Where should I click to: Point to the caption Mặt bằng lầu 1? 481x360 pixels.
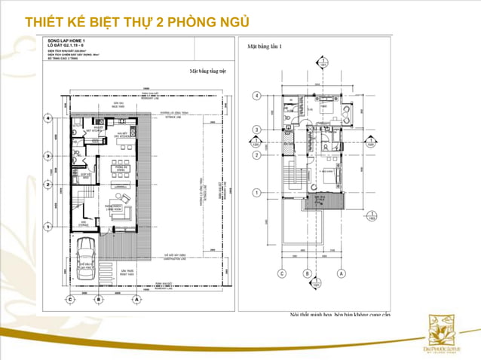click(265, 47)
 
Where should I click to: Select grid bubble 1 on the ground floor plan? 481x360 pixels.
click(47, 224)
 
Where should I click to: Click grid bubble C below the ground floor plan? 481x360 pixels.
click(70, 299)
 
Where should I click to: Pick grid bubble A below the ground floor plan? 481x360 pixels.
click(136, 299)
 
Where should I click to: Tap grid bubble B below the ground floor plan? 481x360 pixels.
click(98, 299)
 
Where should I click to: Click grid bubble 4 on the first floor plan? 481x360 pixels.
click(257, 96)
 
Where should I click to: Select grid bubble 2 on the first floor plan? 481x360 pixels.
click(257, 156)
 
